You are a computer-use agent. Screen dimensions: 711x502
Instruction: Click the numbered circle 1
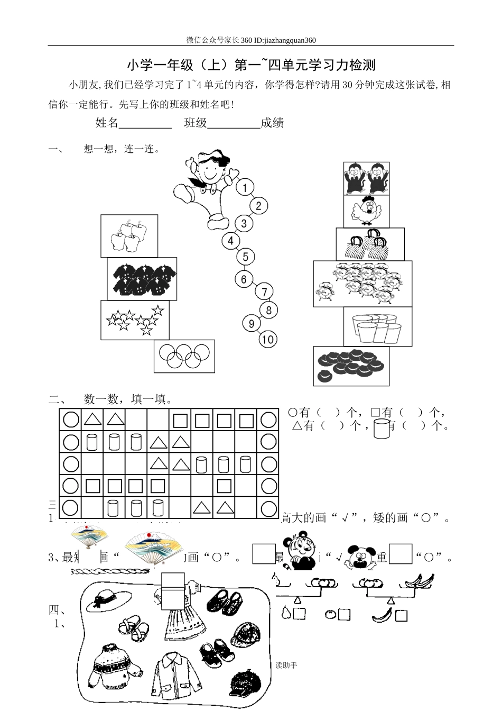[x=245, y=187]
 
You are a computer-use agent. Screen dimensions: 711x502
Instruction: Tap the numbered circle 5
[x=245, y=257]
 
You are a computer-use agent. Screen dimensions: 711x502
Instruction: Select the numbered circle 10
[x=268, y=339]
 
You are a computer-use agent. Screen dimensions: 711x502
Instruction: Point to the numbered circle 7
[x=265, y=291]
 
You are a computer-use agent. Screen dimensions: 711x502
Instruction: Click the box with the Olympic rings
[x=184, y=356]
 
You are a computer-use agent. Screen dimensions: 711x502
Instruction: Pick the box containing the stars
[x=135, y=320]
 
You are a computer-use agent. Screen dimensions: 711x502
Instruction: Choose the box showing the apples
[x=129, y=236]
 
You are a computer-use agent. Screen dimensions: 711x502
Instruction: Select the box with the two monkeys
[x=366, y=178]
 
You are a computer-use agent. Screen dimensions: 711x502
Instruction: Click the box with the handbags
[x=370, y=244]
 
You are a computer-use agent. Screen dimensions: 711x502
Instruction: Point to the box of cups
[x=377, y=327]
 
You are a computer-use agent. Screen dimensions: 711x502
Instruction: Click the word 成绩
[x=272, y=123]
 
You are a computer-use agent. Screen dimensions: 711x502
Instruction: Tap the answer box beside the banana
[x=401, y=615]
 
